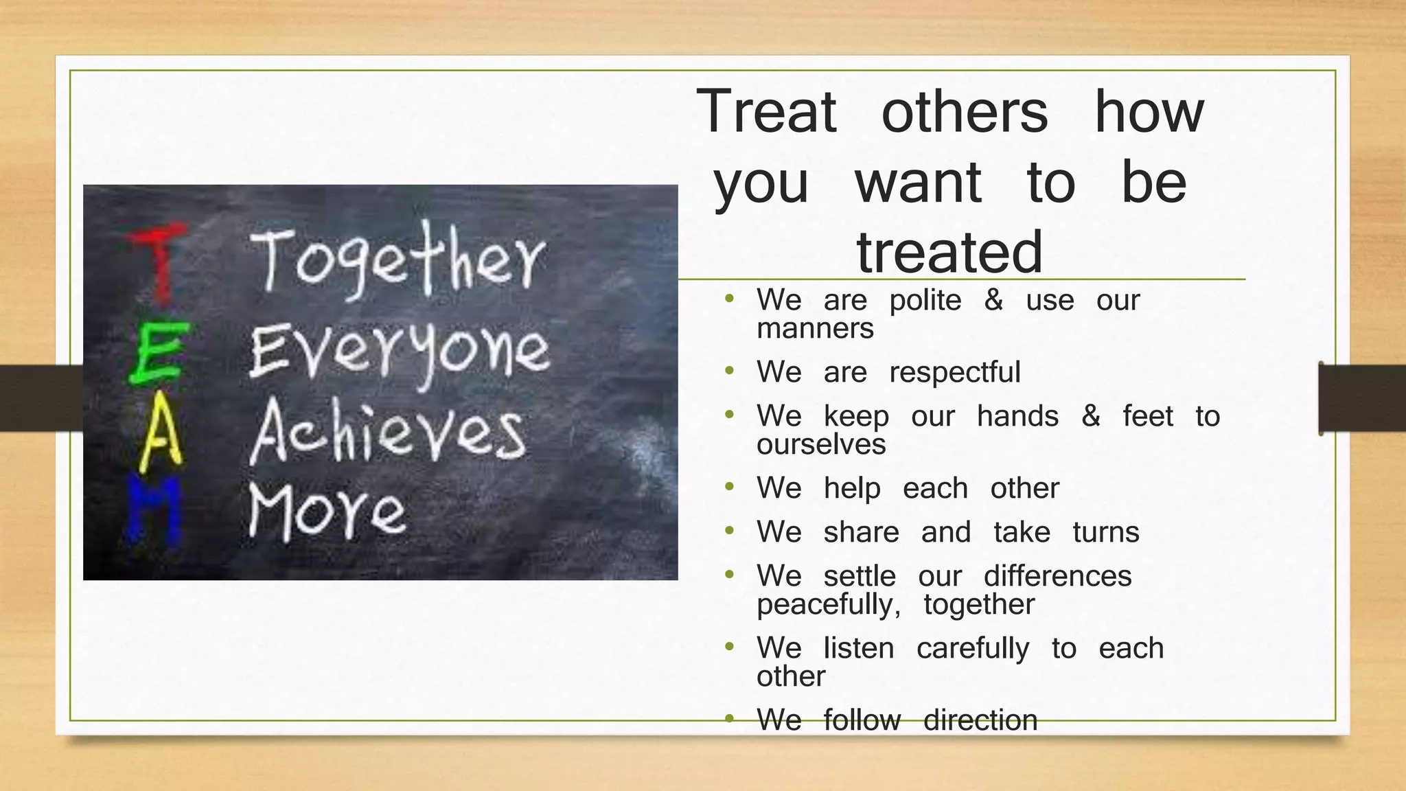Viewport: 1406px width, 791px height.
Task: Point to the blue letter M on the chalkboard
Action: coord(154,512)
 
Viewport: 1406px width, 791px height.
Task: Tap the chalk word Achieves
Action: coord(389,433)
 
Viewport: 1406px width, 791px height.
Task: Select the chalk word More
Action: coord(327,512)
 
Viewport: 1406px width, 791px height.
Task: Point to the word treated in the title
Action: coord(949,252)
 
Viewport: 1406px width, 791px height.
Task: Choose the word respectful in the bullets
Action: coord(954,372)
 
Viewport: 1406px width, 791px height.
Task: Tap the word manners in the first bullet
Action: coord(815,329)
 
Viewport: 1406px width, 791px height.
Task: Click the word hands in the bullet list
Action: coord(1017,416)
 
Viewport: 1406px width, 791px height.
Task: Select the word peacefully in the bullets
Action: coord(828,605)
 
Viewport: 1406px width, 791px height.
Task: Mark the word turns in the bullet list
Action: coord(1105,532)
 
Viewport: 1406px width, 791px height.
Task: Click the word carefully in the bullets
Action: coord(973,649)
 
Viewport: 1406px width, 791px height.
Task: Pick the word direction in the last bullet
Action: coord(980,720)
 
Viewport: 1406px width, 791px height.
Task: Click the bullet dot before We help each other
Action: coord(729,488)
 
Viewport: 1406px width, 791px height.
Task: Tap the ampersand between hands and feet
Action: coord(1090,416)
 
